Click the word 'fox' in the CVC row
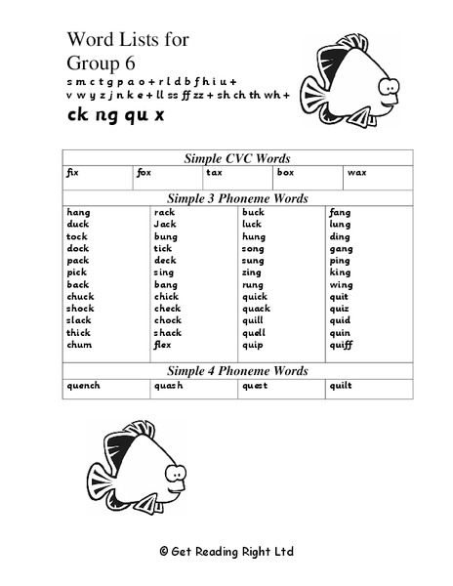pos(144,172)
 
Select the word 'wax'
pos(356,172)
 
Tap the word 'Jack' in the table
pos(164,224)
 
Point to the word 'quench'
pos(83,385)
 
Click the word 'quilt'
pos(340,385)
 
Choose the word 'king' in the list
pos(340,272)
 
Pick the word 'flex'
pos(162,345)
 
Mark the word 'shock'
pos(80,309)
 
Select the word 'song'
pos(253,248)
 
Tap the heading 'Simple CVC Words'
pos(237,157)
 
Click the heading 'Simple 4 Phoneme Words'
pos(237,371)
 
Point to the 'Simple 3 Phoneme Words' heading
pos(237,198)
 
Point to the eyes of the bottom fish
pos(177,470)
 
